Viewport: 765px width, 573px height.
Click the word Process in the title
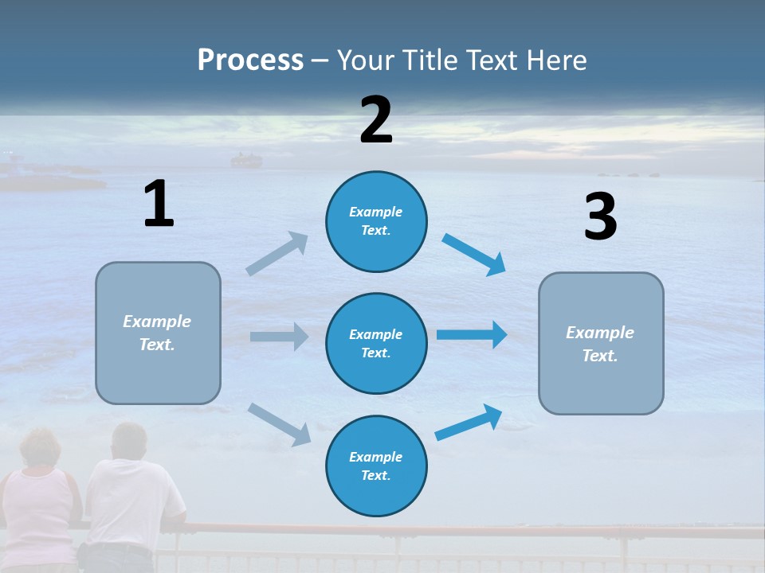[250, 60]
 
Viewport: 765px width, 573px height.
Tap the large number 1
[159, 204]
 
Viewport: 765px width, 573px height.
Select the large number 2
[376, 120]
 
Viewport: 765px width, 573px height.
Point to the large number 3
[600, 217]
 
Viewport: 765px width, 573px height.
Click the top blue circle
[376, 221]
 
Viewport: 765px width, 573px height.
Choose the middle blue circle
[376, 343]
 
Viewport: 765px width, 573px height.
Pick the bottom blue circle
[376, 466]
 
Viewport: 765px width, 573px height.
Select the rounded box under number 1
[158, 333]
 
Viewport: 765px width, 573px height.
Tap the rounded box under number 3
[601, 344]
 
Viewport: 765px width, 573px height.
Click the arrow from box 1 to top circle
[277, 254]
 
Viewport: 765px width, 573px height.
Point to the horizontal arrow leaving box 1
[279, 337]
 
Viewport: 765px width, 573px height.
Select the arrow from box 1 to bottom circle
[279, 423]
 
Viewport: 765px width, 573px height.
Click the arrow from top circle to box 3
[473, 255]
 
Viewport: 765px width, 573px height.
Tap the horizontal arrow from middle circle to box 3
[472, 334]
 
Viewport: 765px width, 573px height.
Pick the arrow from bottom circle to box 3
[469, 422]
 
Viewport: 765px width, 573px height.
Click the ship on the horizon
[246, 162]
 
